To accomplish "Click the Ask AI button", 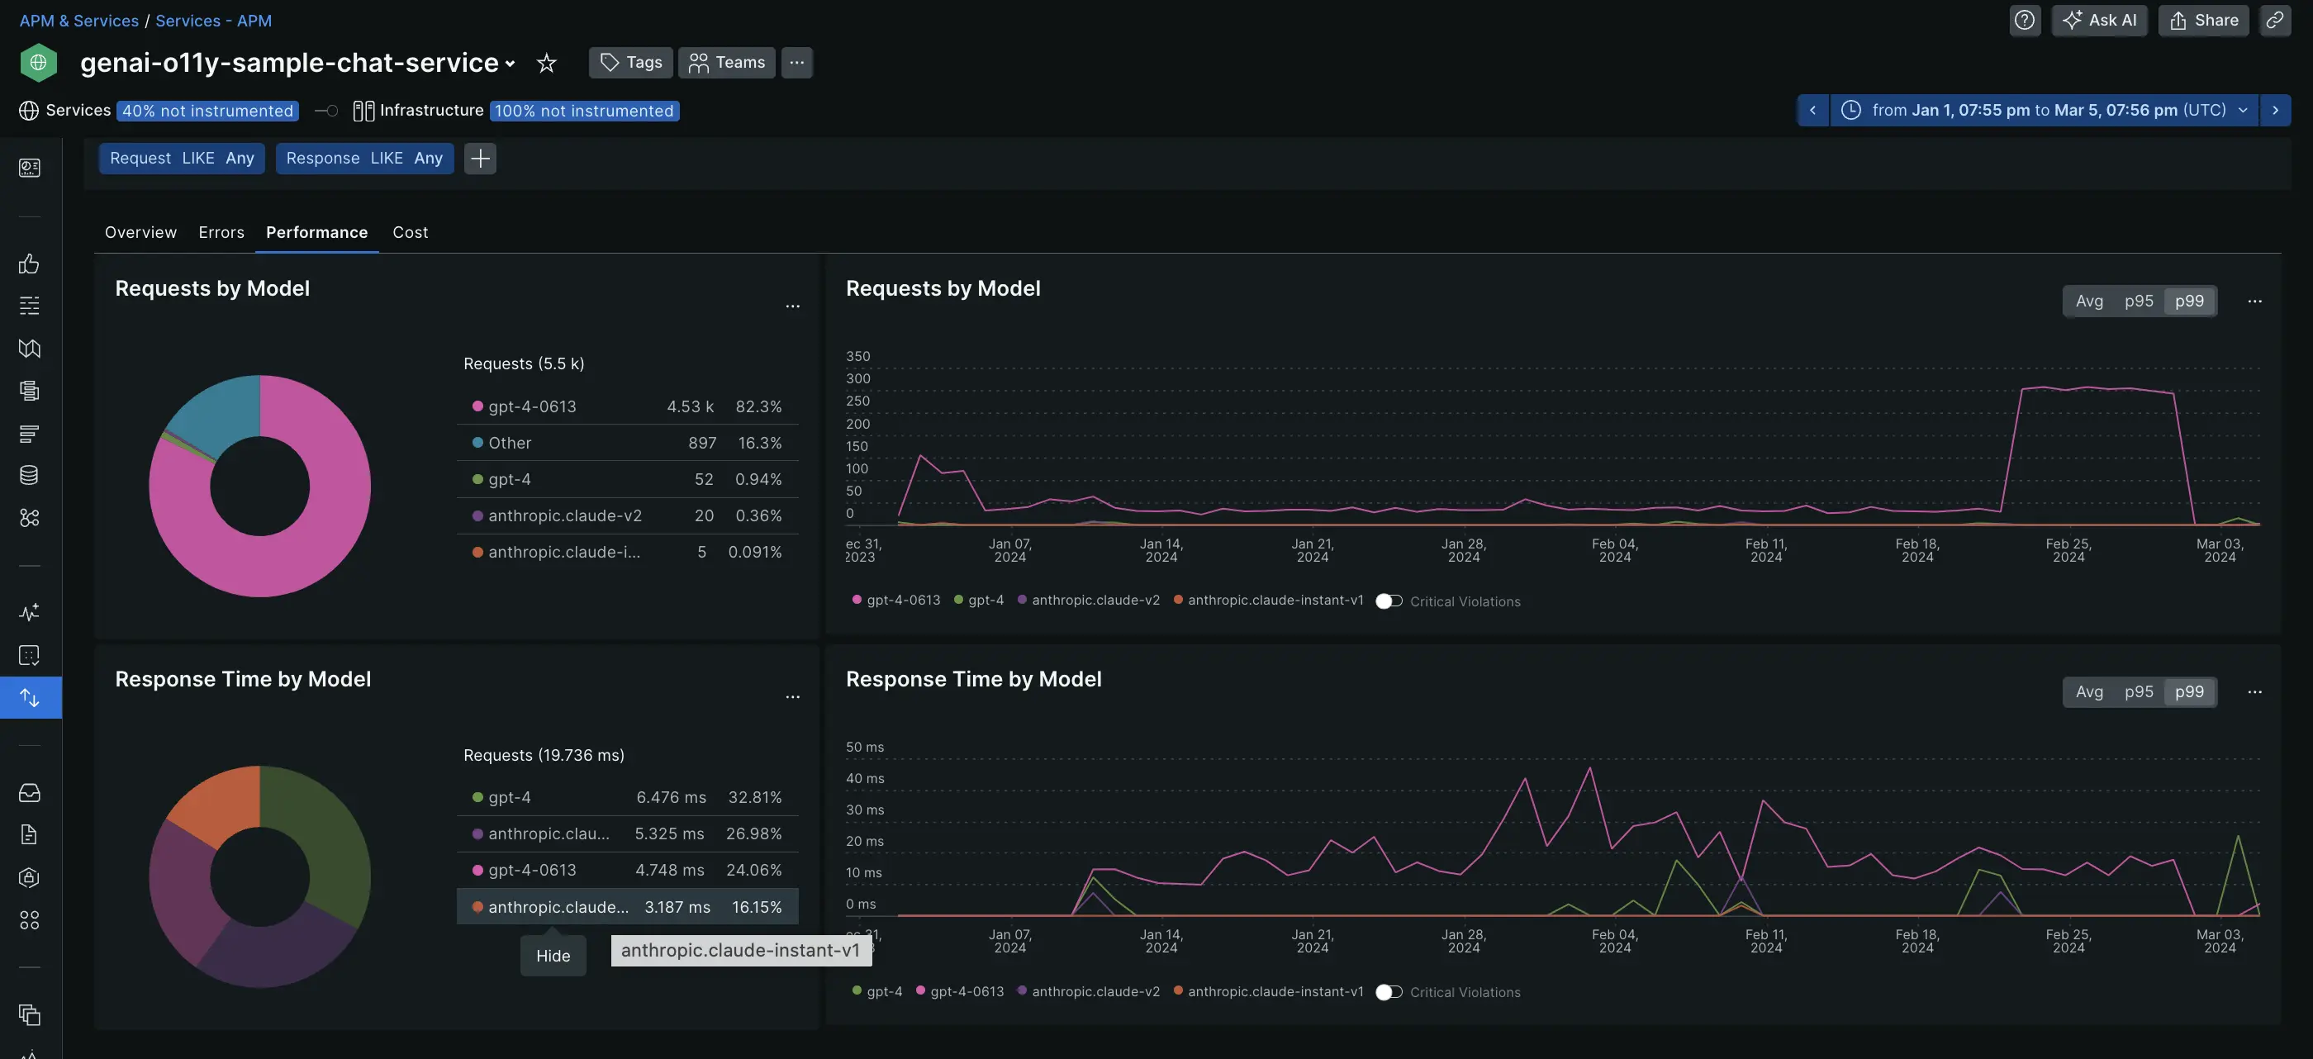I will [x=2098, y=20].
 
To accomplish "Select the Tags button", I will [x=630, y=62].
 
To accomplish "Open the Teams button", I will [x=726, y=62].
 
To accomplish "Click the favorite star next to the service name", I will [x=546, y=63].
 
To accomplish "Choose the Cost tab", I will [x=410, y=232].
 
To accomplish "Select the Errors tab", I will [x=221, y=232].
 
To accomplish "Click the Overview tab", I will [x=140, y=232].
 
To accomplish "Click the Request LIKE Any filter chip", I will [x=182, y=158].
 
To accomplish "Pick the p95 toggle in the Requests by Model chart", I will [x=2138, y=301].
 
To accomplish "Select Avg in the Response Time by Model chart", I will [x=2088, y=691].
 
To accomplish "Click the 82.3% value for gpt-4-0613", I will [x=758, y=406].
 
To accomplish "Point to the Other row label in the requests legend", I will [x=509, y=443].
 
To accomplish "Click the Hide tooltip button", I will [x=553, y=956].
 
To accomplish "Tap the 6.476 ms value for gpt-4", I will [x=671, y=796].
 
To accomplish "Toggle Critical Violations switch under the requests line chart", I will [x=1388, y=601].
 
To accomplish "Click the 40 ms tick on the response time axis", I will [x=865, y=778].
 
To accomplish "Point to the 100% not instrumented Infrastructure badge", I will [x=584, y=111].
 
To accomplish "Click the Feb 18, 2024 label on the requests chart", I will [x=1917, y=549].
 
